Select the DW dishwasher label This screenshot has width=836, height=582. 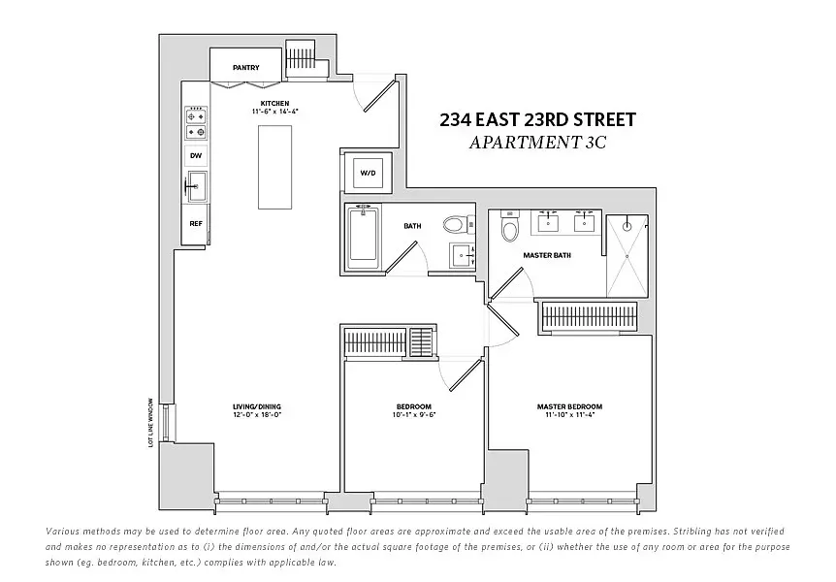tap(196, 155)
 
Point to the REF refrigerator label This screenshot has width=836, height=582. tap(196, 224)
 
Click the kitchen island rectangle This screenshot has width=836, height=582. tap(274, 166)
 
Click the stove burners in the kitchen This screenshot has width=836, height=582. tap(196, 123)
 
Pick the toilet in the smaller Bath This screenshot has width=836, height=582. tap(454, 225)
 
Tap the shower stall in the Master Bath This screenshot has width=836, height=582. tap(627, 256)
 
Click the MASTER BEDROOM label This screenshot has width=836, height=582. tap(570, 406)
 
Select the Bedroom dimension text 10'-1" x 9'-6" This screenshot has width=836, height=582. tap(414, 415)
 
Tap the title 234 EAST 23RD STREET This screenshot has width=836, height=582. tap(537, 120)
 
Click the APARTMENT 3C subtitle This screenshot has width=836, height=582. tap(537, 143)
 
